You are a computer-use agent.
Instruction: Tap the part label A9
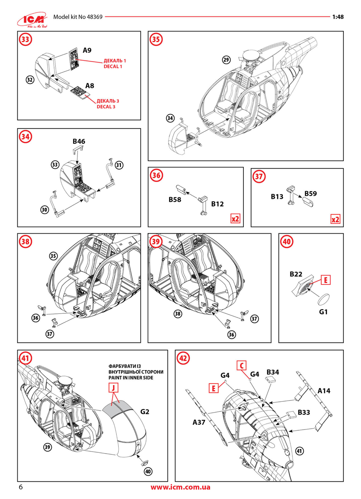(x=87, y=50)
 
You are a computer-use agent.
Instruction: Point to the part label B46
(x=79, y=141)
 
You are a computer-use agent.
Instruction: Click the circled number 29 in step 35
(x=226, y=60)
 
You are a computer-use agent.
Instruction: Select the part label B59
(x=311, y=194)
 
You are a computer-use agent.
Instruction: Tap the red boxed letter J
(x=114, y=388)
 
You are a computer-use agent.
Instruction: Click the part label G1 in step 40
(x=324, y=311)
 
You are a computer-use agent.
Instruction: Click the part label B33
(x=306, y=413)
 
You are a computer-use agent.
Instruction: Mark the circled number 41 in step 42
(x=299, y=451)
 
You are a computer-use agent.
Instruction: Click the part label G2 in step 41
(x=145, y=411)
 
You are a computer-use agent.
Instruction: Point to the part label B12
(x=217, y=204)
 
